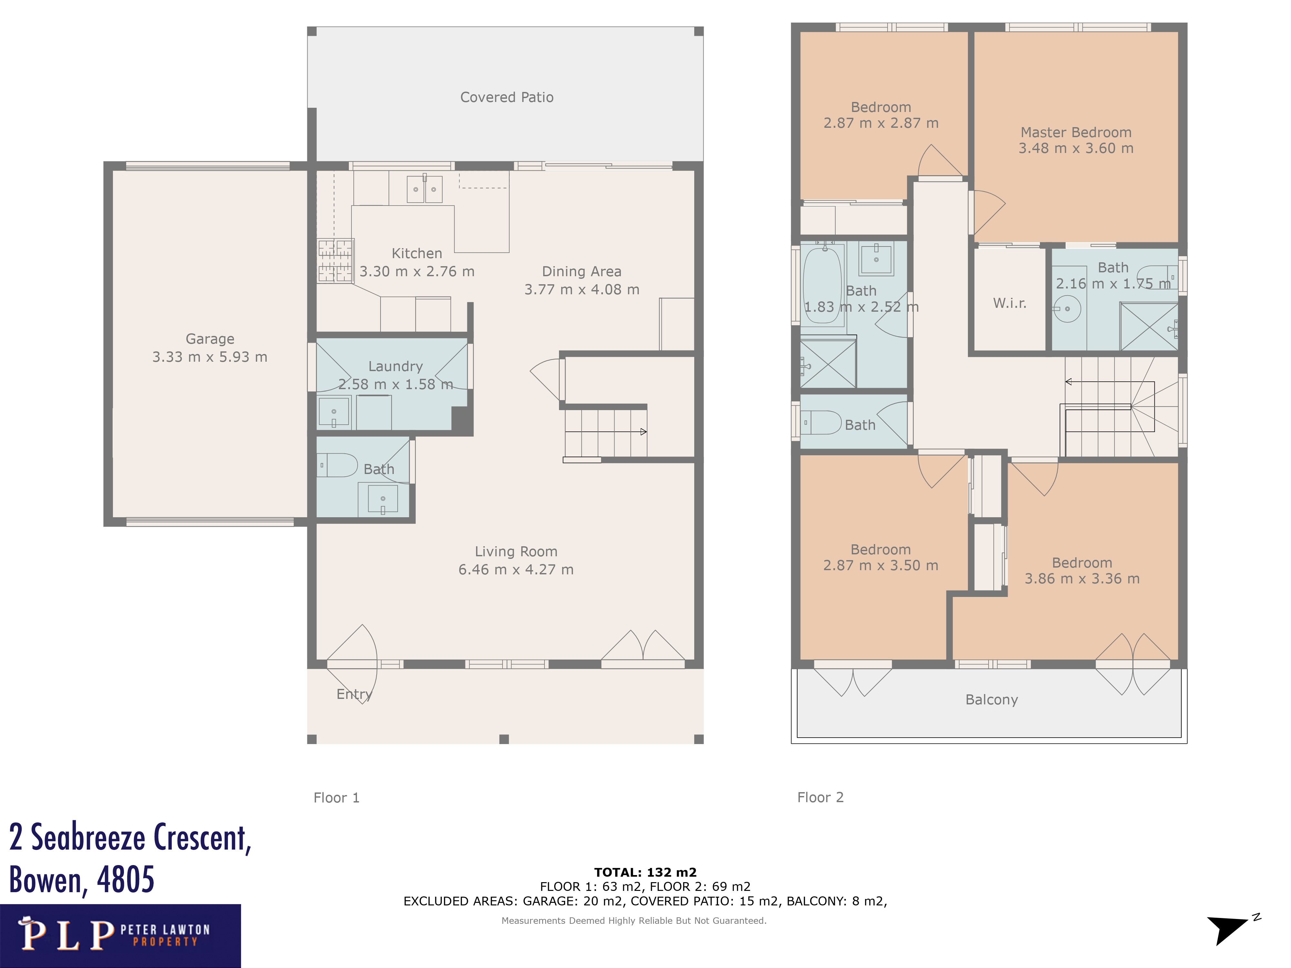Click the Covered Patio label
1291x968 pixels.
507,97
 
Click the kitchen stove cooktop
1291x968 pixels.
335,261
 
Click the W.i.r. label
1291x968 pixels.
1009,303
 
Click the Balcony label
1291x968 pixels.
991,700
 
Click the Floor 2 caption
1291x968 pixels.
820,798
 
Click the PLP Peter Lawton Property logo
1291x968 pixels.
120,935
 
